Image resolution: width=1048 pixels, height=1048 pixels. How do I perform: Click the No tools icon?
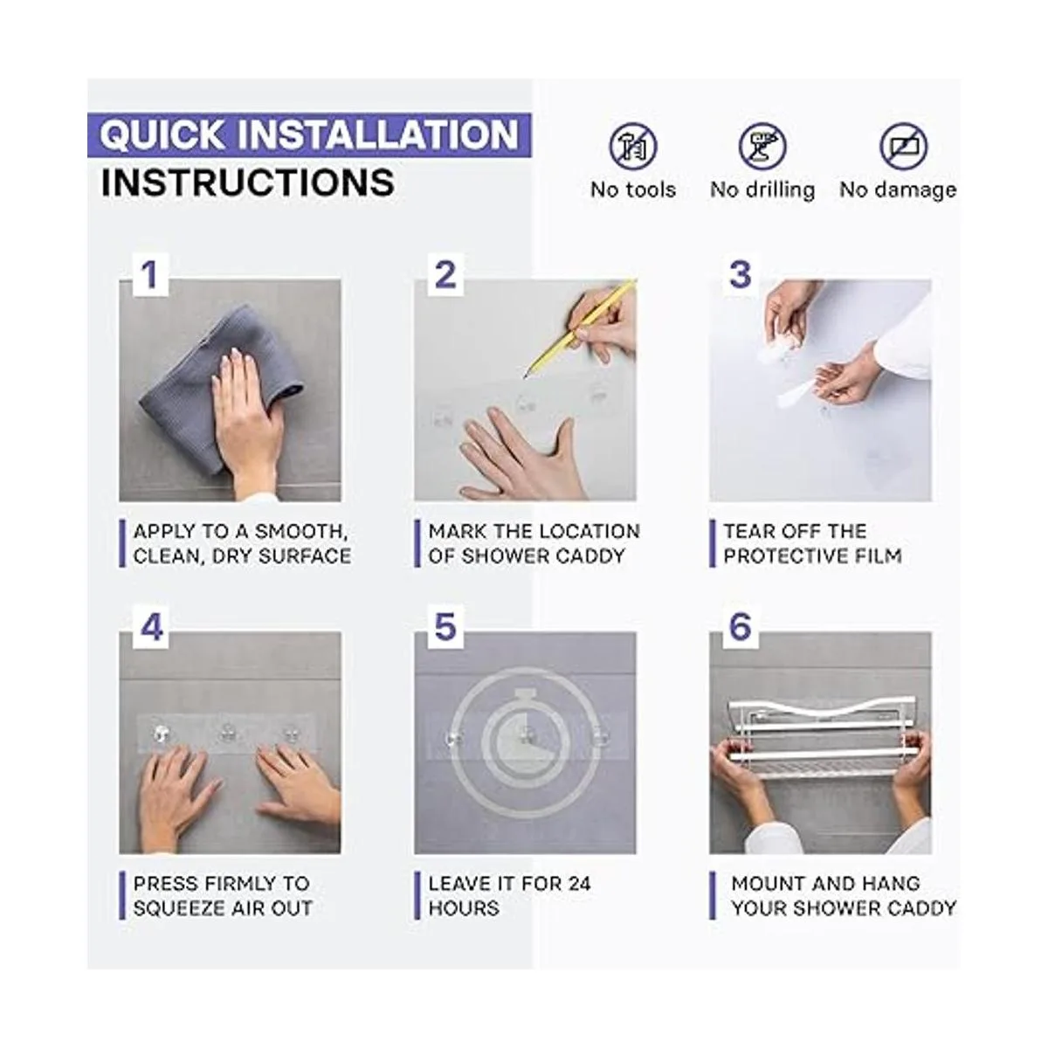click(632, 147)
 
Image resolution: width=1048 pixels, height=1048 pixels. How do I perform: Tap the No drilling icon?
click(762, 147)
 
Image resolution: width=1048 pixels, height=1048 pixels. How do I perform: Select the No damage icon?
click(903, 147)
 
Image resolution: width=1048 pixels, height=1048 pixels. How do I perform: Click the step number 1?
click(149, 274)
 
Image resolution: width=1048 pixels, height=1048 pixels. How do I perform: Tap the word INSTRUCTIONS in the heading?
click(247, 183)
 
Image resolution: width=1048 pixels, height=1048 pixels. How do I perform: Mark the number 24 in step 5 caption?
click(577, 884)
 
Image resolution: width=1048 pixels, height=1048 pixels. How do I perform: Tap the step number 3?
click(741, 274)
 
